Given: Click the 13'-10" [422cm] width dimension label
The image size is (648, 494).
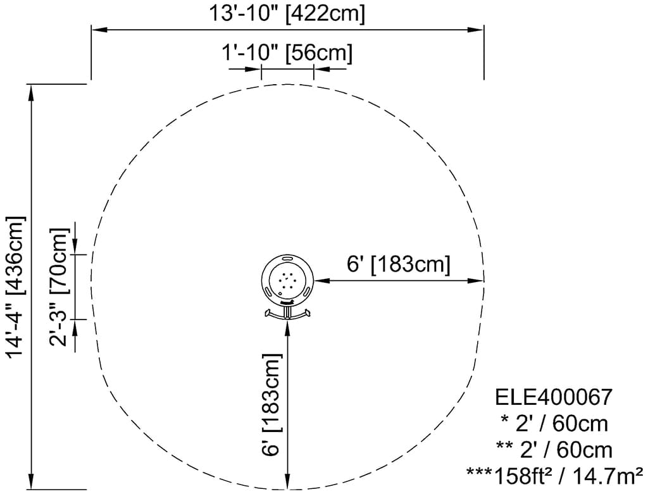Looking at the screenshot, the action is pos(287,14).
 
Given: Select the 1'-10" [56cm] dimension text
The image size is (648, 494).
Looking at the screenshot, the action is pos(287,53).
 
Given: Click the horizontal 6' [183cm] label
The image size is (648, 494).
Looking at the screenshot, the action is pos(399,264).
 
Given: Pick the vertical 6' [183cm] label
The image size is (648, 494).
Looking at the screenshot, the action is pos(271,404).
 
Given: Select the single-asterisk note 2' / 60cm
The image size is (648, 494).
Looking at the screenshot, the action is pos(554,424).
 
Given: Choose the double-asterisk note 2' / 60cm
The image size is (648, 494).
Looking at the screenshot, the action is pos(554,450).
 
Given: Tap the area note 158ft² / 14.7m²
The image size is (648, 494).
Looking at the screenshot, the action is pos(554,476).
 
